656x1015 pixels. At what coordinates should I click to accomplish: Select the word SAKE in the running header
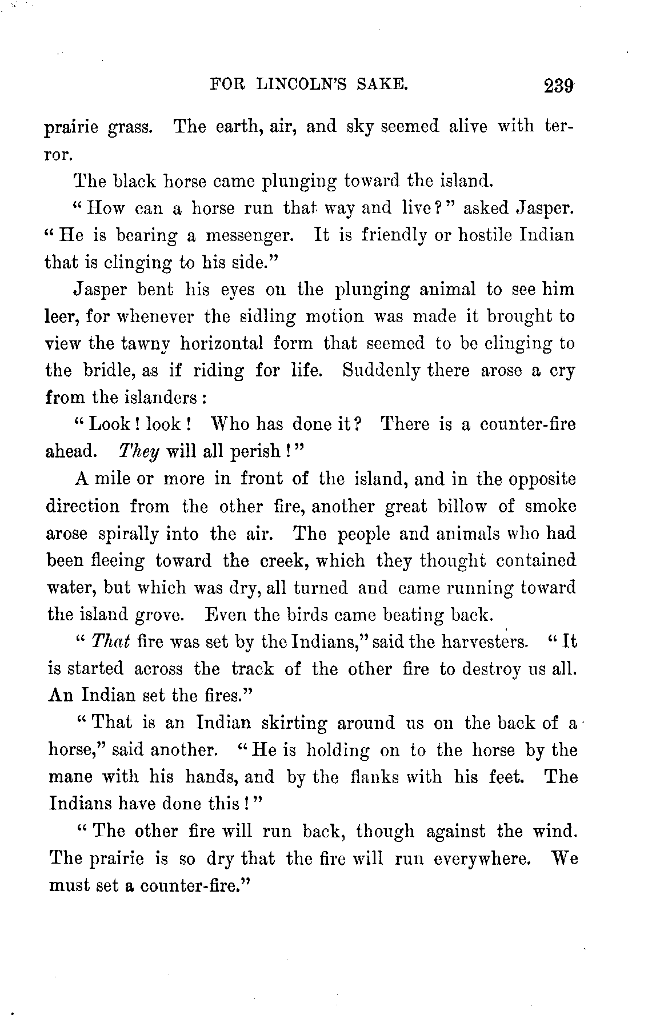[x=382, y=85]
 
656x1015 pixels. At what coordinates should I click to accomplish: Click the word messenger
[x=253, y=235]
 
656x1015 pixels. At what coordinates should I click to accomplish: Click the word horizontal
[x=222, y=344]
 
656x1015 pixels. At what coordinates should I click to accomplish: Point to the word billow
[x=461, y=507]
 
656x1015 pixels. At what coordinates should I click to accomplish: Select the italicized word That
[x=111, y=641]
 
